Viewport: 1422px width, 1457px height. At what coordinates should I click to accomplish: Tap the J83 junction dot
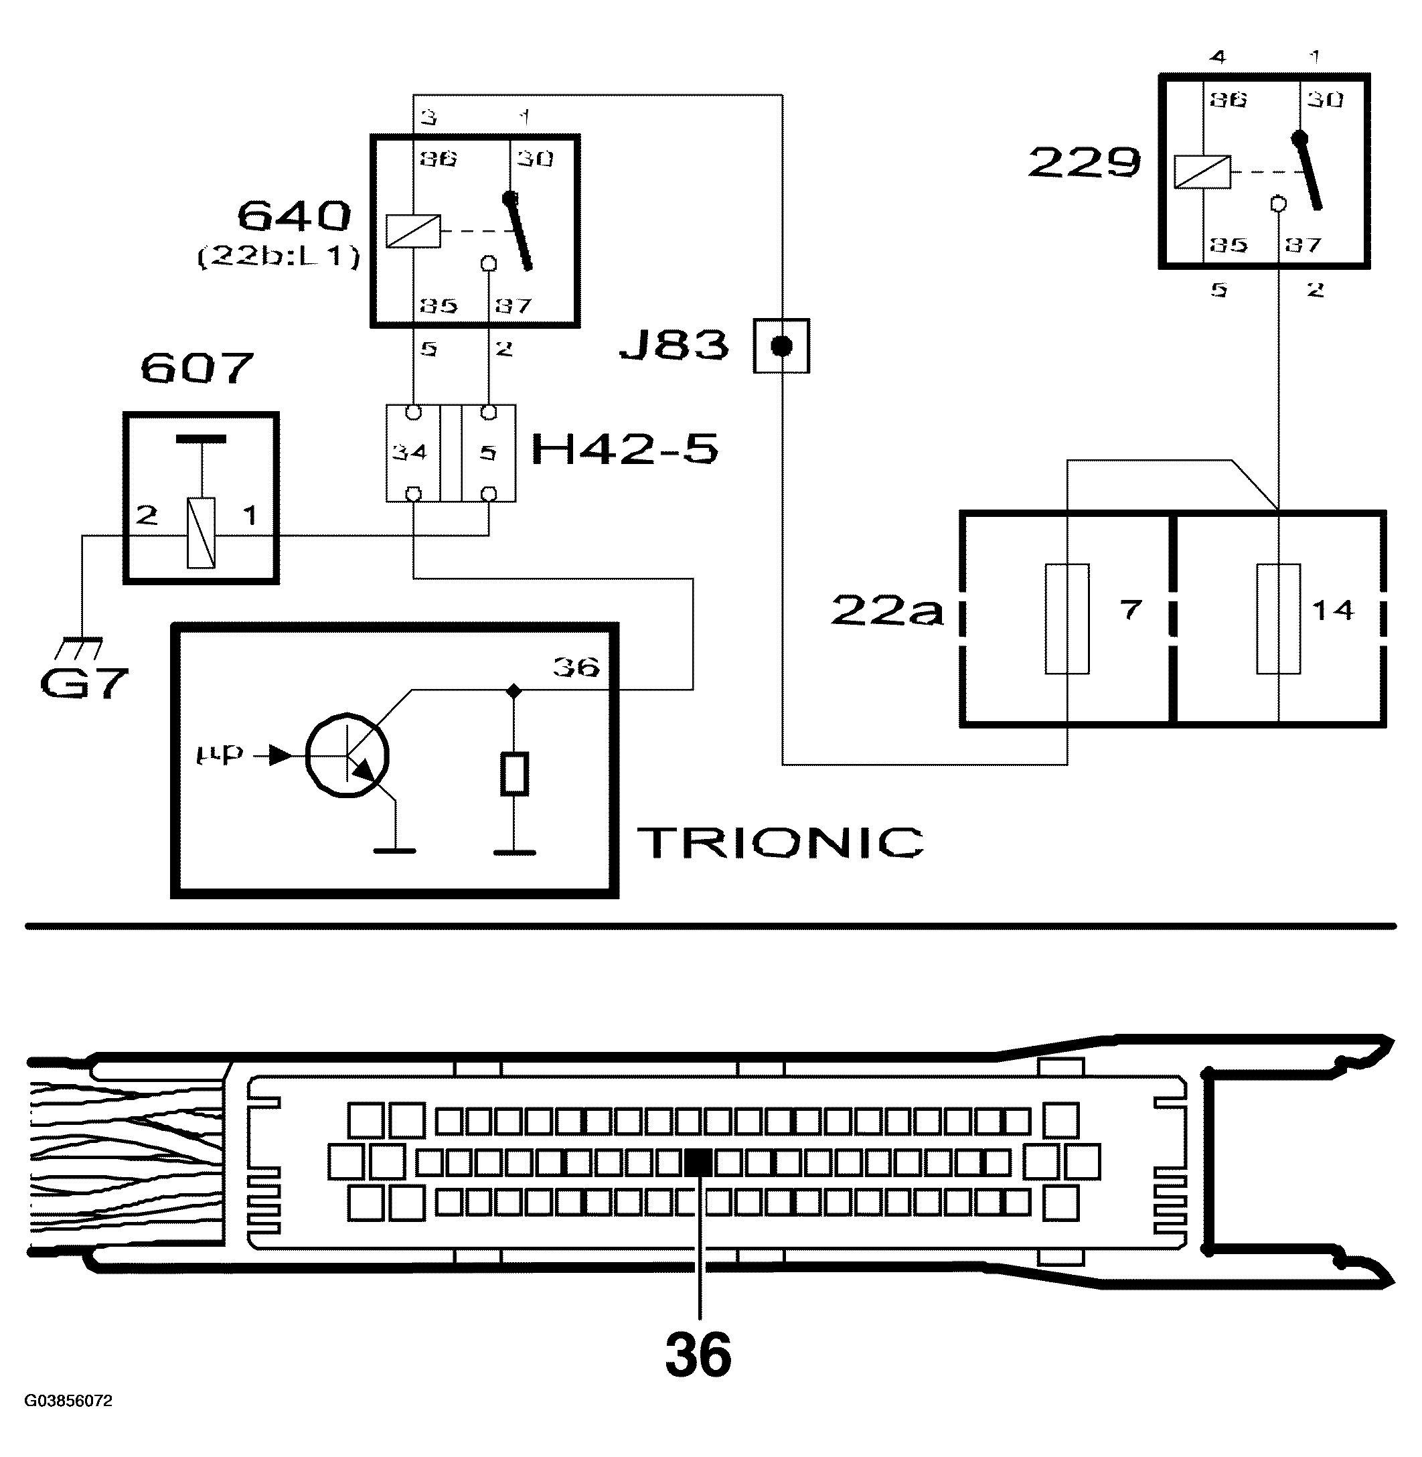pyautogui.click(x=781, y=346)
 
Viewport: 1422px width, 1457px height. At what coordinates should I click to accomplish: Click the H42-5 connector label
pyautogui.click(x=625, y=449)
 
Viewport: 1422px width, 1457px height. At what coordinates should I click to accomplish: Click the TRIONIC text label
pyautogui.click(x=781, y=842)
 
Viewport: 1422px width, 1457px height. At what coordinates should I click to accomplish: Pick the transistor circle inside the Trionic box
pyautogui.click(x=347, y=756)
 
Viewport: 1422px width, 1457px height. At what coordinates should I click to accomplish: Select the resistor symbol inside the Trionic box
pyautogui.click(x=513, y=773)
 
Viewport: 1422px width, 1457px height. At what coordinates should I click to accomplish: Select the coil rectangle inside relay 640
pyautogui.click(x=413, y=232)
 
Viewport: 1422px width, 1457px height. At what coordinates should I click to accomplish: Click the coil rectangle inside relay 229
pyautogui.click(x=1202, y=172)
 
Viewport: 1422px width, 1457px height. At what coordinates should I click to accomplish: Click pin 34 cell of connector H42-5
pyautogui.click(x=412, y=453)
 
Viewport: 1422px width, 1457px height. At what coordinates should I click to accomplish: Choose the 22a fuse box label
pyautogui.click(x=887, y=611)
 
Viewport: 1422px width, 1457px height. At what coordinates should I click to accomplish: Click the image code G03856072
pyautogui.click(x=68, y=1401)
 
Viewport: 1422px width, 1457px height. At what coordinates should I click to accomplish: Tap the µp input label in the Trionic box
pyautogui.click(x=220, y=754)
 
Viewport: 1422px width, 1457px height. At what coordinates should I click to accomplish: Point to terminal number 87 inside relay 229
pyautogui.click(x=1303, y=244)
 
